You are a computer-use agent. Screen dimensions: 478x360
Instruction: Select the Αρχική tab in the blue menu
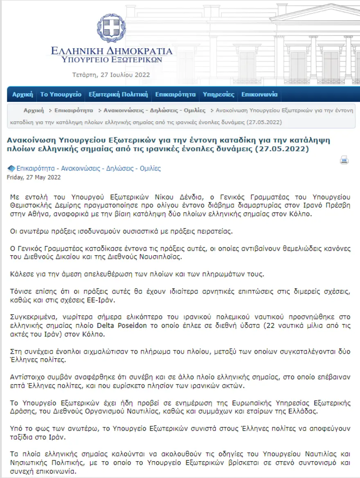pos(22,94)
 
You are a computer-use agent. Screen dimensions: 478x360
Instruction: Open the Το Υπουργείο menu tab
pos(61,94)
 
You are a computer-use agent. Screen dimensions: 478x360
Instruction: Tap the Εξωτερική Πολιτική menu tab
pos(118,94)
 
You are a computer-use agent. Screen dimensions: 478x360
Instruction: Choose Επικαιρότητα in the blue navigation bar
pos(175,94)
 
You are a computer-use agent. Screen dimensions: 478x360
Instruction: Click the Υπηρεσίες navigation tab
pos(218,94)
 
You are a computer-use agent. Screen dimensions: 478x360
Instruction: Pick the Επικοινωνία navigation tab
pos(259,94)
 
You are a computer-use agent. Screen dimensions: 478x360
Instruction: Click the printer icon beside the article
pos(344,160)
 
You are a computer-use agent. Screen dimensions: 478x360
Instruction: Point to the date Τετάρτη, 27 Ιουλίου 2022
pos(111,75)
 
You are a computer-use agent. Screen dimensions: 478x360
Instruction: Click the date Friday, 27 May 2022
pos(34,177)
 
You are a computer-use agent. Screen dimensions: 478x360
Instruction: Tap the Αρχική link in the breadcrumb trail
pos(34,110)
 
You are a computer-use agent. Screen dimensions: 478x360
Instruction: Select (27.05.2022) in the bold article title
pos(281,149)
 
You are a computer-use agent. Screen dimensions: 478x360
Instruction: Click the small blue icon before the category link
pos(11,168)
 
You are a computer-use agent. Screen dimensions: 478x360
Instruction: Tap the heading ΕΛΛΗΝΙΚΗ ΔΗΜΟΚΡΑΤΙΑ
pos(112,51)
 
